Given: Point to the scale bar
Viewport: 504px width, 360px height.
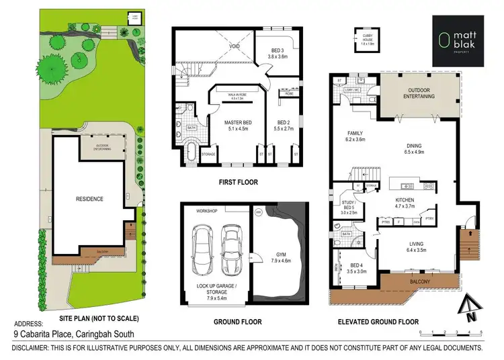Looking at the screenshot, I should point(451,332).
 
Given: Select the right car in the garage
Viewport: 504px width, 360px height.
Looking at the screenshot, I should point(230,246).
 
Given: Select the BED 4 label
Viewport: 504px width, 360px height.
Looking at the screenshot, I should point(351,267).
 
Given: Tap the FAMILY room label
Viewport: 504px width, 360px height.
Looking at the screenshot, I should point(354,136).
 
